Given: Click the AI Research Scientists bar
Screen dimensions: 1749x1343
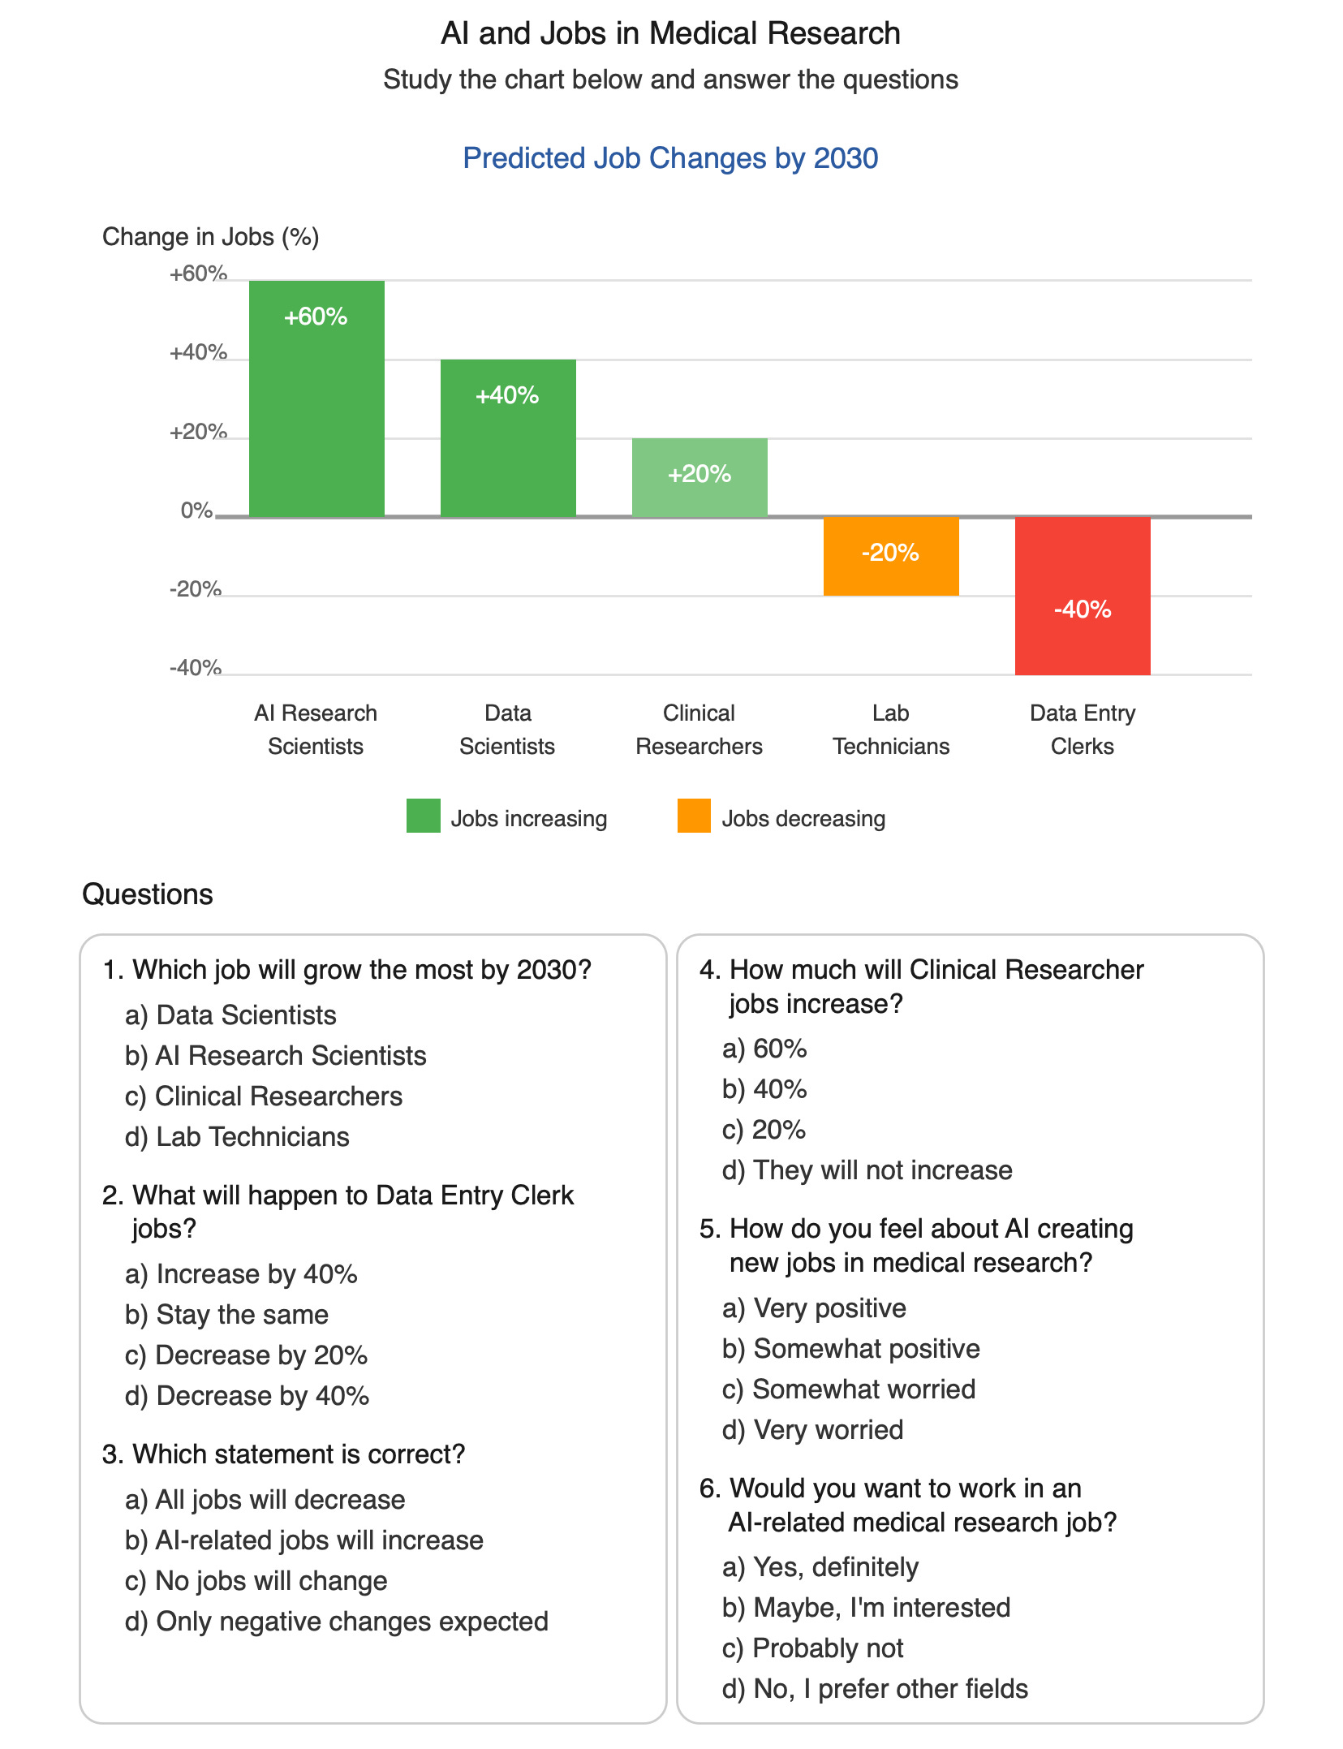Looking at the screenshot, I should pos(316,398).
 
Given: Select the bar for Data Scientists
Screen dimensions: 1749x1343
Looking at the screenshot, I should pos(508,437).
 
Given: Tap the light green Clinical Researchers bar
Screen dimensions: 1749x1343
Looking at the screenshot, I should pos(699,477).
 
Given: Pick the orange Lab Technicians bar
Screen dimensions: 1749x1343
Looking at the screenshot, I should pos(891,556).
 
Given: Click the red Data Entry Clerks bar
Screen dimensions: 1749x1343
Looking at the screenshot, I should pos(1083,596).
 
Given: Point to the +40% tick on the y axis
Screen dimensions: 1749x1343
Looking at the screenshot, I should pos(198,353).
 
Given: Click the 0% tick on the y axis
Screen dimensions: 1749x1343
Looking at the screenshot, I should pos(196,511).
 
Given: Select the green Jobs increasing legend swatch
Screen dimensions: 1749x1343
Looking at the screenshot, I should pos(423,816).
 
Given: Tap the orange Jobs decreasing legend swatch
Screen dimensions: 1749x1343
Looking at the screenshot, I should pos(694,816).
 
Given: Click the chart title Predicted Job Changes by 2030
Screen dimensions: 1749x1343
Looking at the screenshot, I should pos(670,158).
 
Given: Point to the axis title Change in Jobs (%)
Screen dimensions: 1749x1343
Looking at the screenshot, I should pos(210,237).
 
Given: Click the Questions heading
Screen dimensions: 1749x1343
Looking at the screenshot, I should pos(148,894).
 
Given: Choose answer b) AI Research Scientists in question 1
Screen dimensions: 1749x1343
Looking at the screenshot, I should pos(276,1056).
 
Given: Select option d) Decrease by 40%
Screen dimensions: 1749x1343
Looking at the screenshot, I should pos(248,1396).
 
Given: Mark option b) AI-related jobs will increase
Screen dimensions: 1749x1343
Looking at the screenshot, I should pos(304,1540).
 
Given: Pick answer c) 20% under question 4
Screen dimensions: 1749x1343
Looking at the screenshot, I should pos(764,1130).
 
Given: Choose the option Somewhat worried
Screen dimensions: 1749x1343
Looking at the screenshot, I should pos(849,1389).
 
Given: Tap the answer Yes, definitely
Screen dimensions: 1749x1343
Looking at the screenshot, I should pos(820,1567).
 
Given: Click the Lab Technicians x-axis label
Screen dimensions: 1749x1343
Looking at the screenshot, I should pos(891,730).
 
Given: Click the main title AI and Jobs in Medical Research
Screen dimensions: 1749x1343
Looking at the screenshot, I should pos(670,33).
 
